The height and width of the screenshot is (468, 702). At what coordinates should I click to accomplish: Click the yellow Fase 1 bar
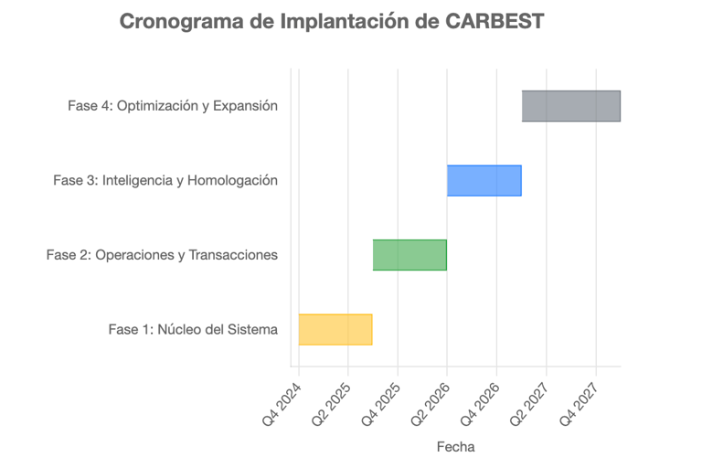pyautogui.click(x=335, y=329)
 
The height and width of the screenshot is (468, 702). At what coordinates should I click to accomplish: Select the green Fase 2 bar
pyautogui.click(x=409, y=255)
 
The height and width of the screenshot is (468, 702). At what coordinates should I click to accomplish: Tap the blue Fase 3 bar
pyautogui.click(x=484, y=180)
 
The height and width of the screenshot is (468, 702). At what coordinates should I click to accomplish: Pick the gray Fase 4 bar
pyautogui.click(x=570, y=106)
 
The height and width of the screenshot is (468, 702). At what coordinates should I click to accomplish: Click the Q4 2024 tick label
pyautogui.click(x=283, y=401)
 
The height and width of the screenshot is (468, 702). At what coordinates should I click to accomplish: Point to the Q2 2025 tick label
pyautogui.click(x=333, y=401)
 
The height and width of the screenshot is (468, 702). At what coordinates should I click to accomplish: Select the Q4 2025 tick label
pyautogui.click(x=382, y=401)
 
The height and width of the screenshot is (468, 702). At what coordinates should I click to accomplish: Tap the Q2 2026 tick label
pyautogui.click(x=431, y=401)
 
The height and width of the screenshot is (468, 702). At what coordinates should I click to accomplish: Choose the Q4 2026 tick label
pyautogui.click(x=481, y=401)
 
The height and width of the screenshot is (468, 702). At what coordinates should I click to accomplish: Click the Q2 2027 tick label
pyautogui.click(x=530, y=401)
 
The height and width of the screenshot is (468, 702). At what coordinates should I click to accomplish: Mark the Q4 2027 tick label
pyautogui.click(x=580, y=401)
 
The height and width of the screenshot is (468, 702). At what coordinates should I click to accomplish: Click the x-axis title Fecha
pyautogui.click(x=455, y=447)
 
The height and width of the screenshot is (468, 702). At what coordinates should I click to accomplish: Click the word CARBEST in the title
pyautogui.click(x=495, y=21)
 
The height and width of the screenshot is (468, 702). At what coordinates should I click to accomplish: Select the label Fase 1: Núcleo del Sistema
pyautogui.click(x=193, y=329)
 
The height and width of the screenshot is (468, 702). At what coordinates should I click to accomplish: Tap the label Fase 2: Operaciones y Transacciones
pyautogui.click(x=162, y=255)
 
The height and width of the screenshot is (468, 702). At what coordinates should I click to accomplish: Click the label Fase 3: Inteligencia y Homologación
pyautogui.click(x=165, y=180)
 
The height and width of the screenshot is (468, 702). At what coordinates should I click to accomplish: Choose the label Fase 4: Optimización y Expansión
pyautogui.click(x=173, y=106)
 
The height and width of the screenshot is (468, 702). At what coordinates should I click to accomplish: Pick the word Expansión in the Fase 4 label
pyautogui.click(x=245, y=106)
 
